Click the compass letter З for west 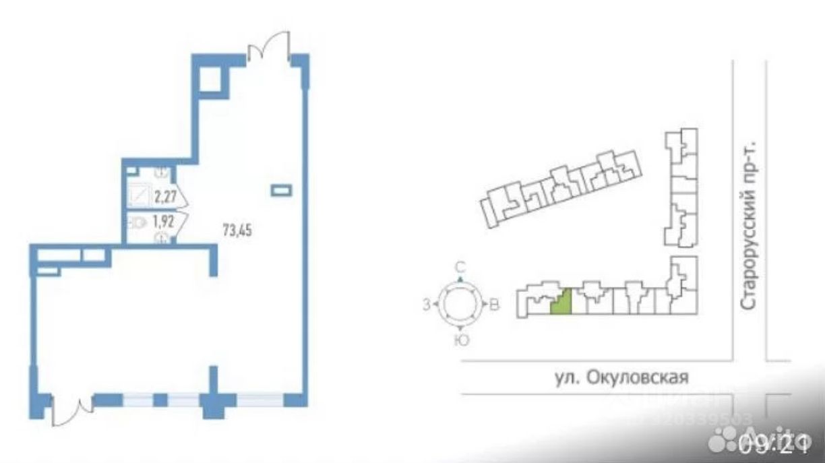[426, 304]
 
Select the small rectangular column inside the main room [281, 191]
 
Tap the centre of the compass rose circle [460, 304]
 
